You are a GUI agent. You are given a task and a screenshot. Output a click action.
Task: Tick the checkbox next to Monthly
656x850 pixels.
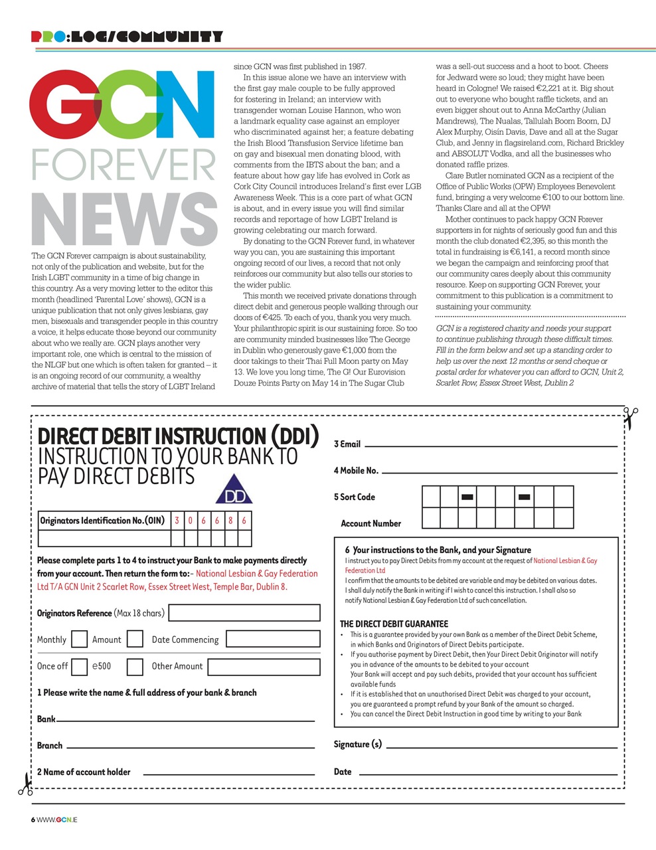click(x=79, y=639)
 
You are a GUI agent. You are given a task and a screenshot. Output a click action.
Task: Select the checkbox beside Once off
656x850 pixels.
click(x=79, y=666)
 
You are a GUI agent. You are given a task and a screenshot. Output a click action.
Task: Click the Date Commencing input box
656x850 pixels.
click(x=273, y=639)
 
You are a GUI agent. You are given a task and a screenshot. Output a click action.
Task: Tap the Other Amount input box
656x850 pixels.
click(x=264, y=666)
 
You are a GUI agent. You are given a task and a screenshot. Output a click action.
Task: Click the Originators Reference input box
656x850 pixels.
click(x=244, y=613)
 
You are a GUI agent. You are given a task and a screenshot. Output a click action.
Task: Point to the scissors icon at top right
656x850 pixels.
click(x=629, y=418)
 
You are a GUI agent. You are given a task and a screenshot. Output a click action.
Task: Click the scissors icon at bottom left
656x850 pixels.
click(x=25, y=784)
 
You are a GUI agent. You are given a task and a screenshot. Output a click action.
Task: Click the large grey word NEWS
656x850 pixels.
click(x=124, y=220)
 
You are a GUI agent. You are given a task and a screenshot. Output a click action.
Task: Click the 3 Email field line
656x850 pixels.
click(x=491, y=445)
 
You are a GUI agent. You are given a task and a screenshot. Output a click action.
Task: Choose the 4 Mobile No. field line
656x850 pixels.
click(x=499, y=471)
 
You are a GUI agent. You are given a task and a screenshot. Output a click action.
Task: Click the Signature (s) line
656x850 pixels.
click(x=501, y=746)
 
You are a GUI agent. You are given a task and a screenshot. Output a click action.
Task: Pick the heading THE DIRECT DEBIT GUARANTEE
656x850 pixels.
click(x=394, y=624)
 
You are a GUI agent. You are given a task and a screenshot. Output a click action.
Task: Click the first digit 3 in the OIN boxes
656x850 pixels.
click(x=177, y=521)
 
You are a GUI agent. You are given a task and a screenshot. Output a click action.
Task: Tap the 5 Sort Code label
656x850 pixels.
click(x=354, y=497)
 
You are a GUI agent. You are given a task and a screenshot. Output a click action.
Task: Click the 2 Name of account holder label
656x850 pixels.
click(x=84, y=772)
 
